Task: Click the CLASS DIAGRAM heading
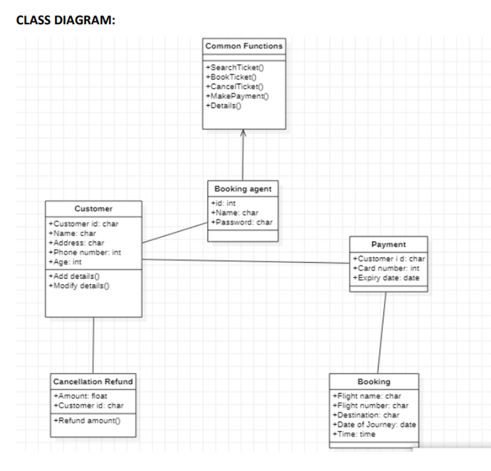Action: point(65,20)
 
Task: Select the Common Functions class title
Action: point(244,46)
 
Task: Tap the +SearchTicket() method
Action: point(234,67)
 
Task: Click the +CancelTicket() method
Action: point(235,86)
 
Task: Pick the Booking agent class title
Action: point(243,189)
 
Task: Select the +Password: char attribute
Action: point(242,222)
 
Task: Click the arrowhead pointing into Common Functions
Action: point(244,133)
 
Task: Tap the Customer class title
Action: point(94,209)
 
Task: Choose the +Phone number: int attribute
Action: point(84,252)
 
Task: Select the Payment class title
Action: point(388,244)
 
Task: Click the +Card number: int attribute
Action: point(386,269)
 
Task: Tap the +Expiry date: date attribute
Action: point(386,278)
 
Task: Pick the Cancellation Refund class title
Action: point(93,382)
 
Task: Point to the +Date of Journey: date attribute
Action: point(375,425)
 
